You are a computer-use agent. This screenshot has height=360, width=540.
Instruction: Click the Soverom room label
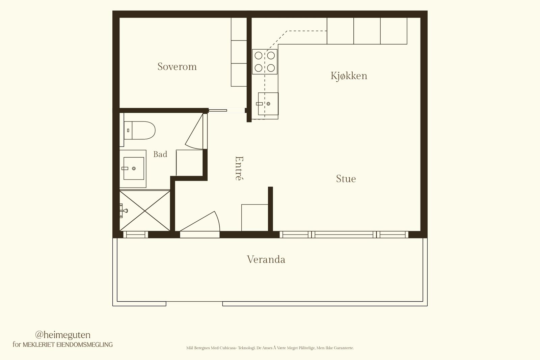click(177, 66)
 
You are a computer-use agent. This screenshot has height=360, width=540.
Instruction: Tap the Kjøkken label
click(349, 76)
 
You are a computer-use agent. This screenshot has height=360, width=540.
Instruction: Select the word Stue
click(346, 179)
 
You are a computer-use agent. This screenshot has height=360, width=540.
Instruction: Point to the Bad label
click(160, 154)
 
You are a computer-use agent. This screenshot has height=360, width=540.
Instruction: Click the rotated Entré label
click(239, 168)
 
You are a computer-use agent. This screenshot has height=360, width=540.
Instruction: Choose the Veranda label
click(266, 259)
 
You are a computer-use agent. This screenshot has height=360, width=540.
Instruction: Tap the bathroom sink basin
click(134, 168)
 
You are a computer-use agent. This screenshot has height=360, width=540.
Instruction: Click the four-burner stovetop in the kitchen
click(265, 62)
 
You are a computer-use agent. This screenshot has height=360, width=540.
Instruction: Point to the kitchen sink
click(268, 104)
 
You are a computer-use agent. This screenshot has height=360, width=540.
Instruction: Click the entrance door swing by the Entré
click(200, 221)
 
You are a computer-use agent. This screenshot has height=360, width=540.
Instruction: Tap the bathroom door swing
click(194, 132)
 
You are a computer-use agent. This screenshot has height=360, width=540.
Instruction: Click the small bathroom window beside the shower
click(135, 235)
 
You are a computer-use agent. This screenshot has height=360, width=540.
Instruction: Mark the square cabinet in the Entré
click(255, 218)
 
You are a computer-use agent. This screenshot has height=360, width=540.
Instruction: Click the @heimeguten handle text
click(63, 335)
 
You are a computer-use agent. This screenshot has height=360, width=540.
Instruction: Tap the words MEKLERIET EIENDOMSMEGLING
click(67, 345)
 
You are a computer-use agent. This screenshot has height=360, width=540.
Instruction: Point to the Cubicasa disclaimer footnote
click(270, 348)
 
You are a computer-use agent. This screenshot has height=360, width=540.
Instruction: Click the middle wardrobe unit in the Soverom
click(239, 52)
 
